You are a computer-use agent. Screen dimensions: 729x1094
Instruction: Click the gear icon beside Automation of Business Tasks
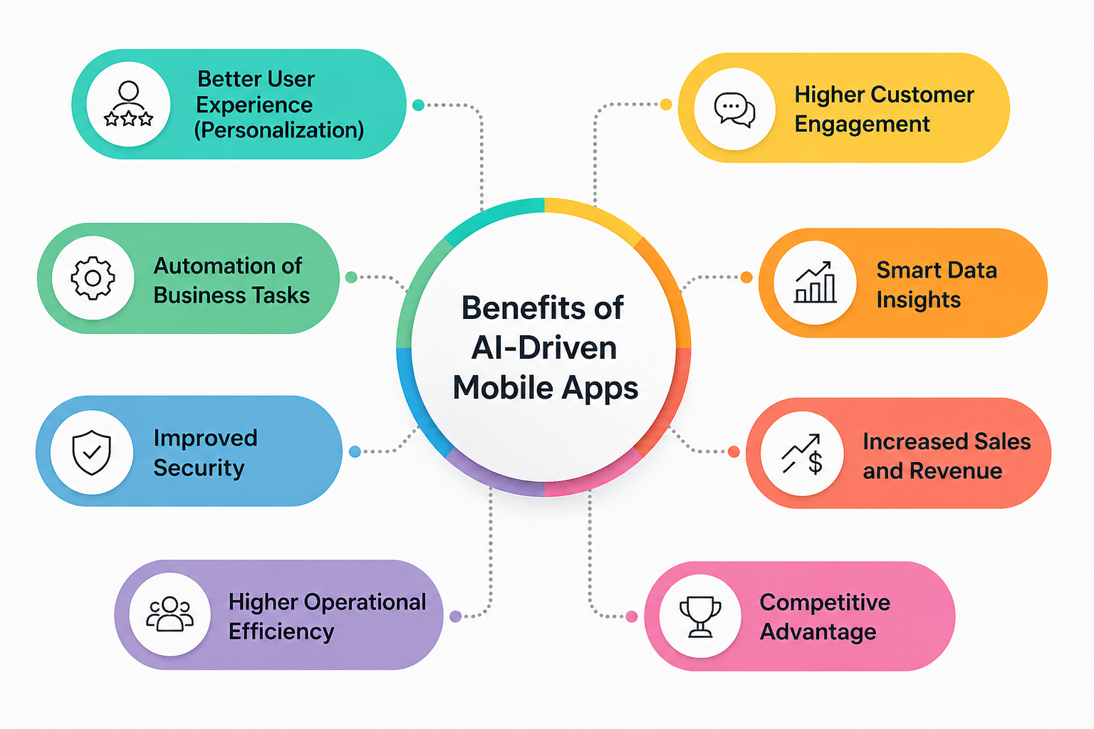93,278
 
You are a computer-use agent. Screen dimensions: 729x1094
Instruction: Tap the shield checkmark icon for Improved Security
92,452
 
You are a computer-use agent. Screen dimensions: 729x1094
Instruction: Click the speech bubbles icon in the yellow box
734,110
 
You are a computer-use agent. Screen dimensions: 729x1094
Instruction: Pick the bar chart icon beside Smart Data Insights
816,283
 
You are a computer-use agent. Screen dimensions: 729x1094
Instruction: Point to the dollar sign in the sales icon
816,463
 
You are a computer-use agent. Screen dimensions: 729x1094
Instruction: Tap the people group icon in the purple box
170,614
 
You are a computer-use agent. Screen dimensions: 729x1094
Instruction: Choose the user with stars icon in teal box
128,104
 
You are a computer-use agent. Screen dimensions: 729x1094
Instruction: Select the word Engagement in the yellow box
862,124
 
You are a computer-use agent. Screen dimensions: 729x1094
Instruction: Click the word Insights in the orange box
918,300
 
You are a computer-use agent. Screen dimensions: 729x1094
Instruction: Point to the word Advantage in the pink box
818,631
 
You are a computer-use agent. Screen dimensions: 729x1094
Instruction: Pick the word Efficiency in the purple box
281,631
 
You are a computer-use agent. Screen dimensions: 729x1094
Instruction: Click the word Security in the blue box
199,468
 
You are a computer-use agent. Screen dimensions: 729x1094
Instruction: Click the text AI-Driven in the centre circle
544,348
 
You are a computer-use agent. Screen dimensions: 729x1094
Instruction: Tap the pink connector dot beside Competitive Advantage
631,617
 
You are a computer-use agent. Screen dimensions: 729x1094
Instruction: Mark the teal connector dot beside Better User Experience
419,105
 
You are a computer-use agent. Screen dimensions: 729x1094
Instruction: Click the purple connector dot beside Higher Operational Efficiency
456,617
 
